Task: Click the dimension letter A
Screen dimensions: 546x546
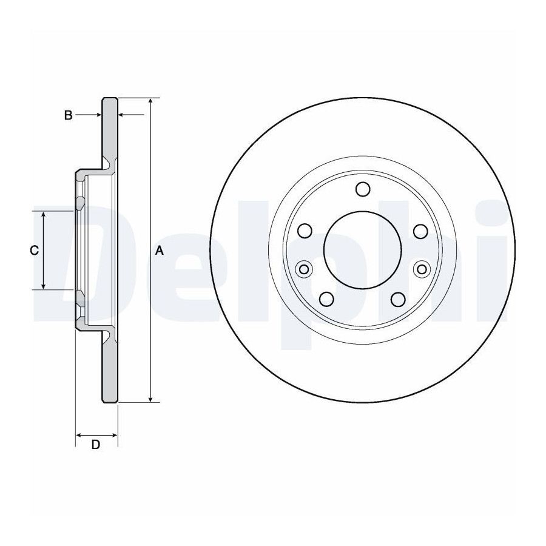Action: [x=159, y=251]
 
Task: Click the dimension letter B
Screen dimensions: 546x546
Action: [x=68, y=115]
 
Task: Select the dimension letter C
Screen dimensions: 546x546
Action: [x=34, y=251]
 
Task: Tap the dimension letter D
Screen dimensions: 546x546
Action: [x=96, y=445]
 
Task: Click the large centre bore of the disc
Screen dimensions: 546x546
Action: [x=363, y=250]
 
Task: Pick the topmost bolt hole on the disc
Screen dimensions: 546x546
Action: [x=363, y=189]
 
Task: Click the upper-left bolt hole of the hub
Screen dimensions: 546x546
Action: [x=305, y=231]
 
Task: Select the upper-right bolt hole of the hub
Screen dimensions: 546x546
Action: [x=420, y=231]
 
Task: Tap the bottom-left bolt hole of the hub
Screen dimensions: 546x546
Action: [x=326, y=298]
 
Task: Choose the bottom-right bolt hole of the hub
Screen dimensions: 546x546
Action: [x=398, y=299]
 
